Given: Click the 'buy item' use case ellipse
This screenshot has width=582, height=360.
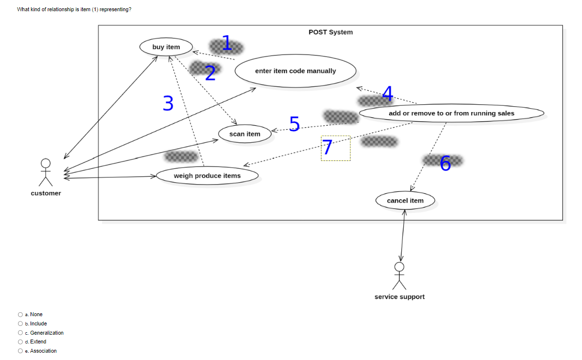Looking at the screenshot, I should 166,47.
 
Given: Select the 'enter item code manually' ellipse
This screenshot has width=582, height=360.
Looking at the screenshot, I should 295,71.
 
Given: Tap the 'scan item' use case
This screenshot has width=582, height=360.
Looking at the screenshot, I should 244,134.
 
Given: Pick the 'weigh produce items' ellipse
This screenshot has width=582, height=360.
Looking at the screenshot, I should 207,176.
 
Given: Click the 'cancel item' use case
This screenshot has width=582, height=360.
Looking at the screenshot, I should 405,201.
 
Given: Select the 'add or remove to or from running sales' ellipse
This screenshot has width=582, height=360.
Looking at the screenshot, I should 451,114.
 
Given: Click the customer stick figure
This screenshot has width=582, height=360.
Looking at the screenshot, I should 46,172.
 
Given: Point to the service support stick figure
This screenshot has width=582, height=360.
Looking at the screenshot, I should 399,275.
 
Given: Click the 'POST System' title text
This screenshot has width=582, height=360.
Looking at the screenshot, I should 330,32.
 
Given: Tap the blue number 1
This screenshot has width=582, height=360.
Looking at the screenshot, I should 226,43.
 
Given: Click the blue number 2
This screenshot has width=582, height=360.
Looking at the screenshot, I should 210,73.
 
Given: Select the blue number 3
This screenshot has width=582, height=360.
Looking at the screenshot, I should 168,103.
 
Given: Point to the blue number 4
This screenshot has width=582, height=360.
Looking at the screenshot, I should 388,93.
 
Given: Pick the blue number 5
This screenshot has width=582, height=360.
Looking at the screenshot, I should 294,124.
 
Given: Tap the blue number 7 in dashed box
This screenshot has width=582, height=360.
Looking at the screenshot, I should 327,148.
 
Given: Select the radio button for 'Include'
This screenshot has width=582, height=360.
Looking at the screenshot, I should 20,323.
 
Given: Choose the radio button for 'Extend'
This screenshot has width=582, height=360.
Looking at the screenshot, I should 20,342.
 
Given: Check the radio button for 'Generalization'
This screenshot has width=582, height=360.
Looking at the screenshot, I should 20,333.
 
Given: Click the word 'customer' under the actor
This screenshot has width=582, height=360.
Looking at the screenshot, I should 46,193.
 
